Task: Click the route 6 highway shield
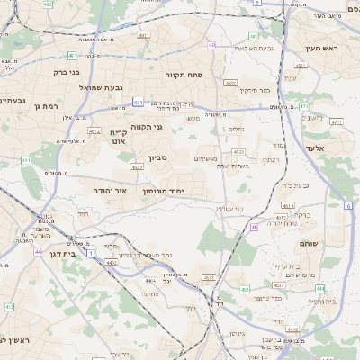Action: (x=348, y=206)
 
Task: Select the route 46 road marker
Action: (x=255, y=228)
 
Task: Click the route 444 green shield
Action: (x=319, y=288)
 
